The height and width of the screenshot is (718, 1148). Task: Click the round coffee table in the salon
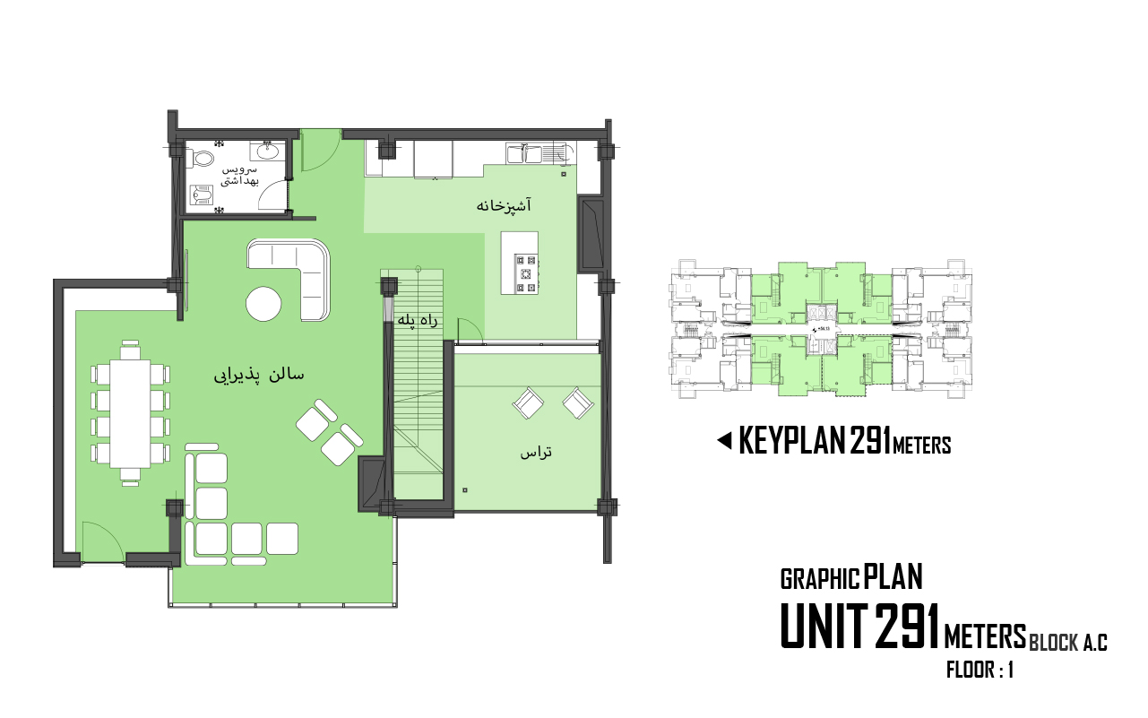[x=263, y=304]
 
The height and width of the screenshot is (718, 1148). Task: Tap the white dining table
[x=130, y=413]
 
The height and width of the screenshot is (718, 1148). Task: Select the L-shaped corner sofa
[x=294, y=276]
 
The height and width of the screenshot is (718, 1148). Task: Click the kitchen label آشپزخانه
[x=504, y=205]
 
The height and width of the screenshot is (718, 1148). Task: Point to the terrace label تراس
[x=536, y=452]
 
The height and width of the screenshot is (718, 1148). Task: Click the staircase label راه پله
[x=419, y=321]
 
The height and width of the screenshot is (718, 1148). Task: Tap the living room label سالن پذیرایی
[x=259, y=376]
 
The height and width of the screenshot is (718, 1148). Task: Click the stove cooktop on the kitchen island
[x=526, y=273]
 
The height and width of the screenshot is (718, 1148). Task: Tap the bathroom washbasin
[x=268, y=151]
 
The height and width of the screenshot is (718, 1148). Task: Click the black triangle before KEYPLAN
[x=724, y=440]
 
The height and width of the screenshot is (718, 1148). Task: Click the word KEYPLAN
[x=792, y=440]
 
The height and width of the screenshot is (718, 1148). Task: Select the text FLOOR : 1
[x=980, y=670]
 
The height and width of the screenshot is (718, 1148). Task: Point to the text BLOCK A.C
[x=1068, y=642]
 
